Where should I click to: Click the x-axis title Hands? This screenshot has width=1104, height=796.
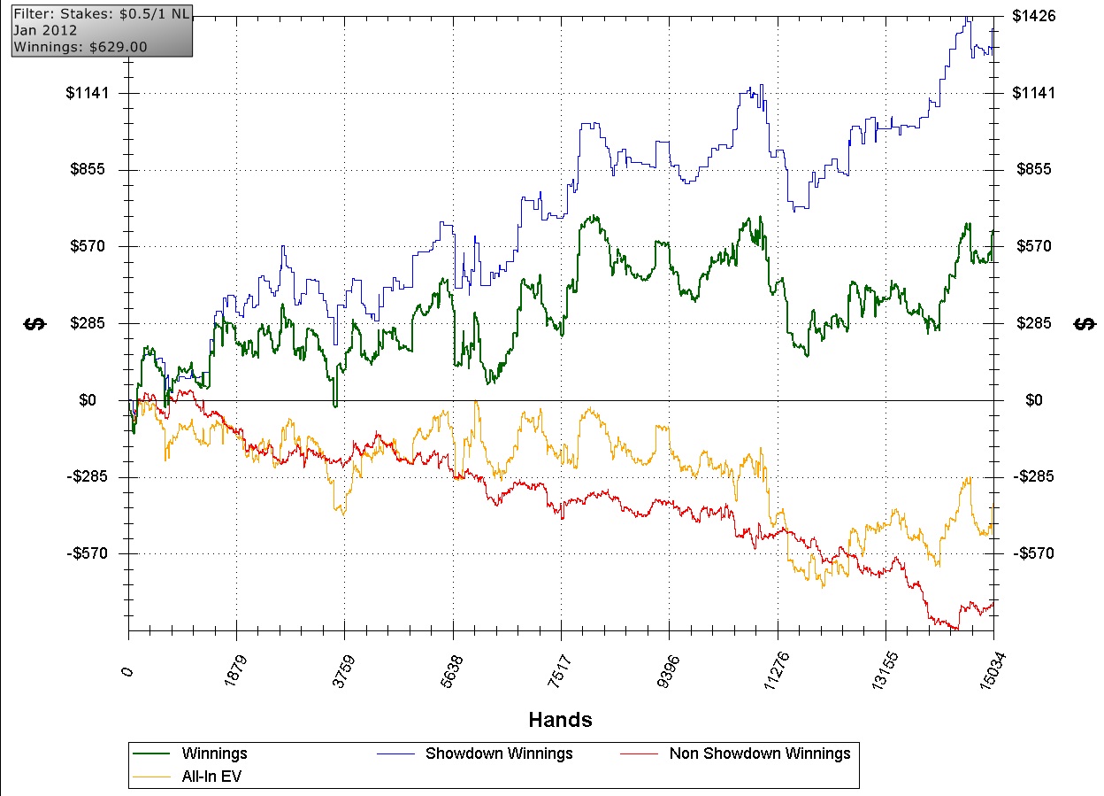pos(560,719)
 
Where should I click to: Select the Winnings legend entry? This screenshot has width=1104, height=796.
pos(214,753)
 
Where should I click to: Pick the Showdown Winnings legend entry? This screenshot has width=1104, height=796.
pos(499,753)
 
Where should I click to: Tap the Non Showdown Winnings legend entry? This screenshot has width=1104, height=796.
pos(759,753)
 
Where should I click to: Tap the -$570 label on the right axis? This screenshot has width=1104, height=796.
pos(1034,553)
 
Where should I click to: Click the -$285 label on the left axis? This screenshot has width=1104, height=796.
pos(92,476)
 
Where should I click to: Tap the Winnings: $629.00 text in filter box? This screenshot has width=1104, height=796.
pos(80,46)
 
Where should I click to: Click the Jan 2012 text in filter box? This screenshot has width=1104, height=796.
pos(44,30)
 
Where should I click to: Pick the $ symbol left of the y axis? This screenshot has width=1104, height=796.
pos(35,323)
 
